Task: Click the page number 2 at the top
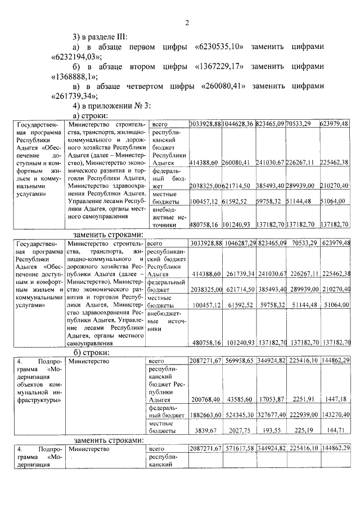(x=187, y=23)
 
